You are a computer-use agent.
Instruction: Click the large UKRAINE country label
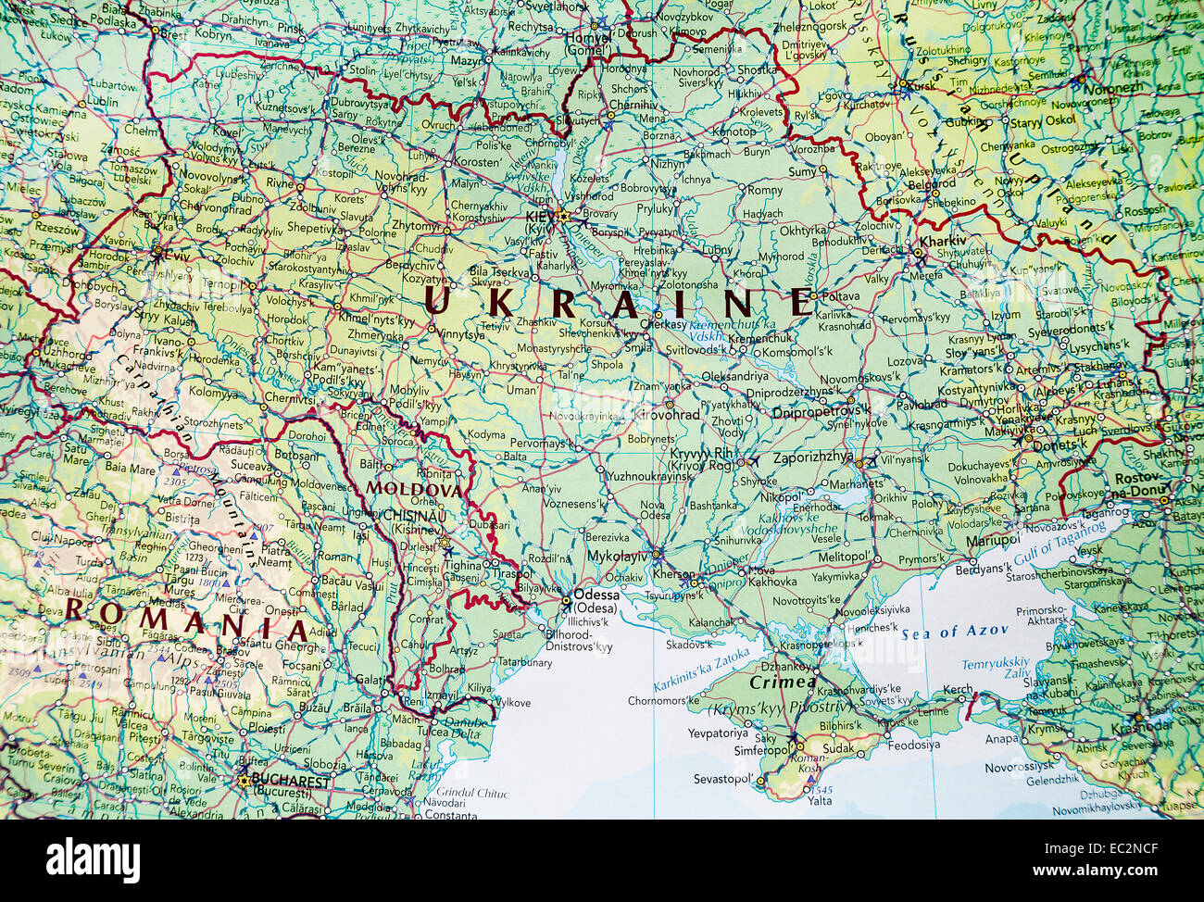tap(619, 303)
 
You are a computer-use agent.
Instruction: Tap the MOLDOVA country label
tap(414, 488)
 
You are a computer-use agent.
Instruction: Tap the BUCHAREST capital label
tap(289, 782)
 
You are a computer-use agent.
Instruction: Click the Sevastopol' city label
tap(722, 780)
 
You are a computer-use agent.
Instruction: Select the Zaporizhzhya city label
tap(812, 457)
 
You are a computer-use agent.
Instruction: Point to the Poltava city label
tap(840, 296)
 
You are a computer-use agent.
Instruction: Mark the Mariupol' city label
tap(992, 541)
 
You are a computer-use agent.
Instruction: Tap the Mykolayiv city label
tap(616, 557)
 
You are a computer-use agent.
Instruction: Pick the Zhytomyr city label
tap(415, 225)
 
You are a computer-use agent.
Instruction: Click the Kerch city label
tap(958, 690)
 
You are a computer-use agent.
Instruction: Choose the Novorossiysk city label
tap(1019, 766)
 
